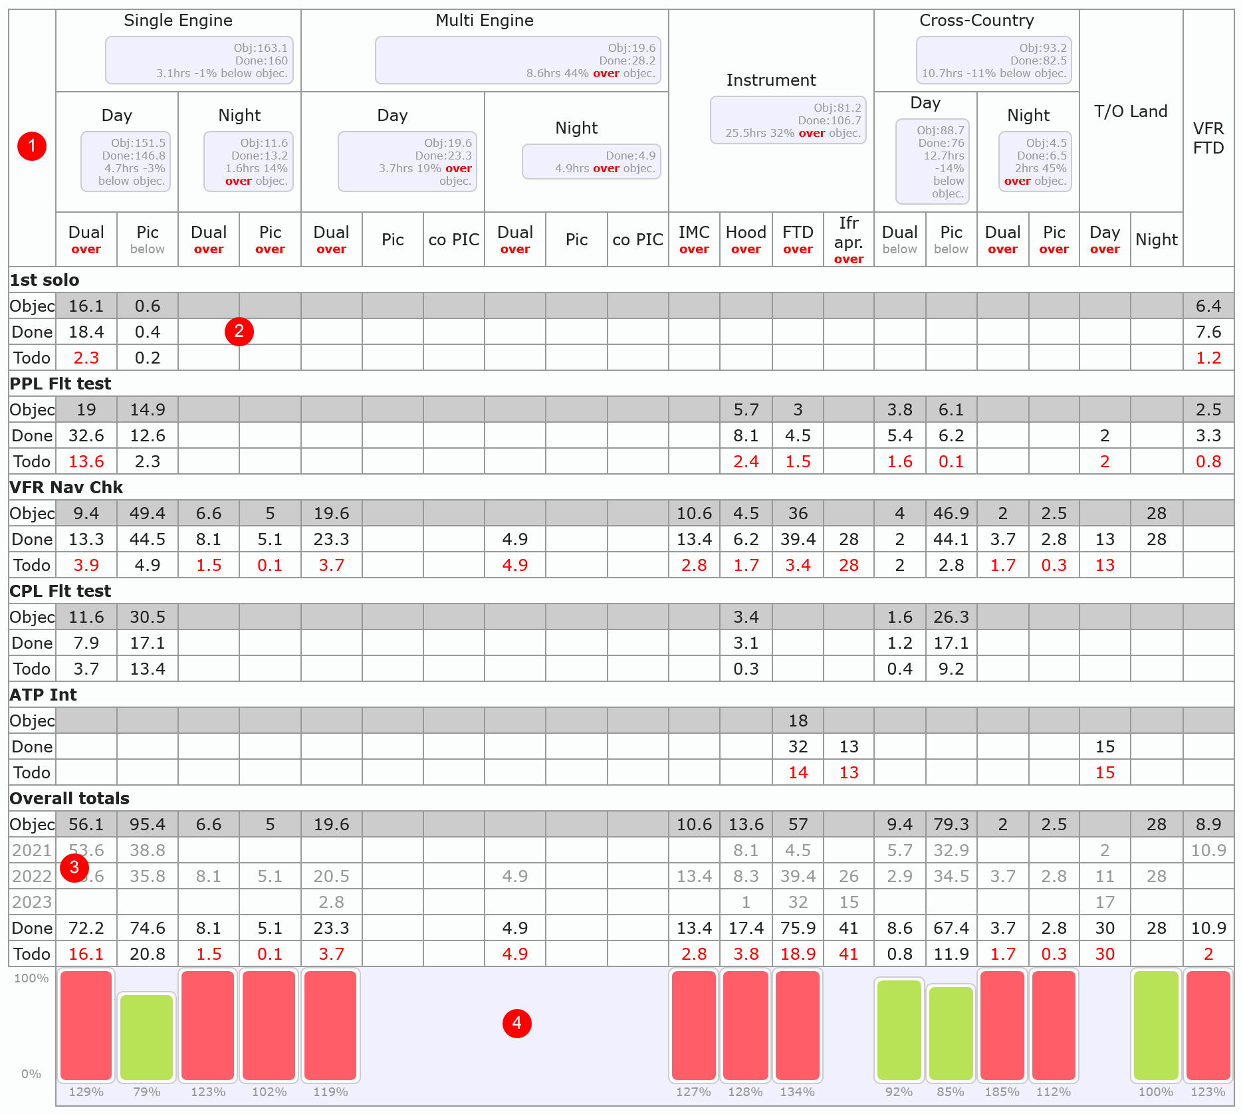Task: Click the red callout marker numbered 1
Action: (x=32, y=146)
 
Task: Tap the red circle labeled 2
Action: (x=239, y=331)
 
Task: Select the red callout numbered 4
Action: (x=517, y=1023)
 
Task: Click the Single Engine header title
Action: (x=178, y=21)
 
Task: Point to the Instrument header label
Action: (x=771, y=80)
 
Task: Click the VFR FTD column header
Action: (x=1208, y=138)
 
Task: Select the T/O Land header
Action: (x=1131, y=112)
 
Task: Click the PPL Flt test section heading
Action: (x=60, y=384)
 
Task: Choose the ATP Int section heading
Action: (x=43, y=695)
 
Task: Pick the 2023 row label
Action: (x=32, y=902)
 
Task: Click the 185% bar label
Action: (x=1002, y=1092)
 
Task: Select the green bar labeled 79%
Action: (x=147, y=1037)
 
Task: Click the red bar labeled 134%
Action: (x=798, y=1025)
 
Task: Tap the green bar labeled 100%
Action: (x=1156, y=1025)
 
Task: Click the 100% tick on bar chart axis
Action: (x=31, y=978)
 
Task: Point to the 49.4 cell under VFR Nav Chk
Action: (x=148, y=513)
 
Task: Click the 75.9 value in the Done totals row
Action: (x=798, y=928)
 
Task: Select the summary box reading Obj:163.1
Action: (x=199, y=60)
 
